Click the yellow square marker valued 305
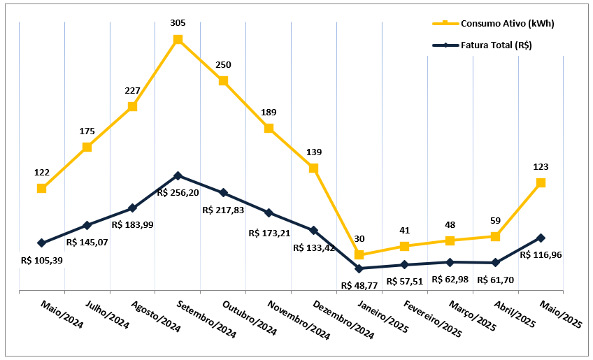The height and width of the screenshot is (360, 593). (178, 40)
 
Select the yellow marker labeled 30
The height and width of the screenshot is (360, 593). (359, 254)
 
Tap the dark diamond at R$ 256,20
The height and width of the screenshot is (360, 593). (178, 175)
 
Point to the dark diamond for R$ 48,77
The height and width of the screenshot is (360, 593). (359, 268)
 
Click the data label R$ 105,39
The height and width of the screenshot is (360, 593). (42, 260)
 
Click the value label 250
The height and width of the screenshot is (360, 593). (223, 65)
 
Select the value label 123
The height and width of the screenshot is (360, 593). (541, 167)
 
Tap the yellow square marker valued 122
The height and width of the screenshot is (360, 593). (42, 188)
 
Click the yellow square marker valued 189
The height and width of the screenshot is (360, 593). (269, 128)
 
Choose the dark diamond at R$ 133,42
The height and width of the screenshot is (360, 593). (313, 230)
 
